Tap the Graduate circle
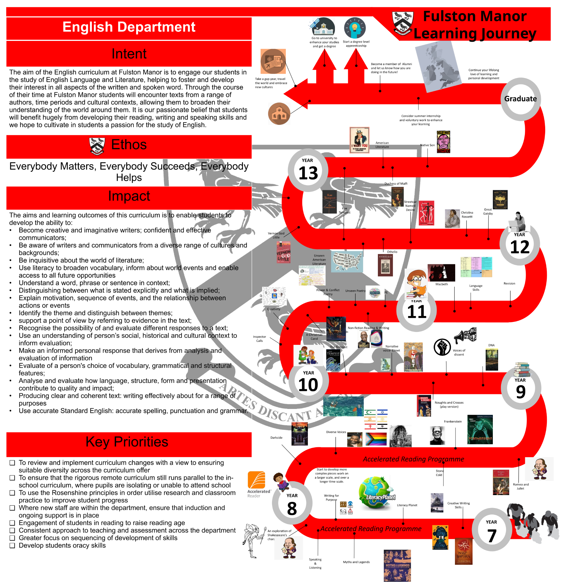[520, 99]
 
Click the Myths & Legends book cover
[397, 565]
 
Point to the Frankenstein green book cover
[480, 429]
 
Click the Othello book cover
[385, 265]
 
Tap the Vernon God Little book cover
[283, 252]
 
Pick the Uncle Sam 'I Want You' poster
[359, 140]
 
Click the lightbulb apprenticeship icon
[355, 28]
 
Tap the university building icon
[323, 27]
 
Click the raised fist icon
[442, 347]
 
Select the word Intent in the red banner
[129, 54]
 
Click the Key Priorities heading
[127, 442]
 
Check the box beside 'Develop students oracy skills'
[12, 546]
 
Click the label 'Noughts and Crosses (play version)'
[449, 405]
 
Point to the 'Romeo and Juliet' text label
[521, 486]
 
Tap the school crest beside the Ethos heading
[97, 146]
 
